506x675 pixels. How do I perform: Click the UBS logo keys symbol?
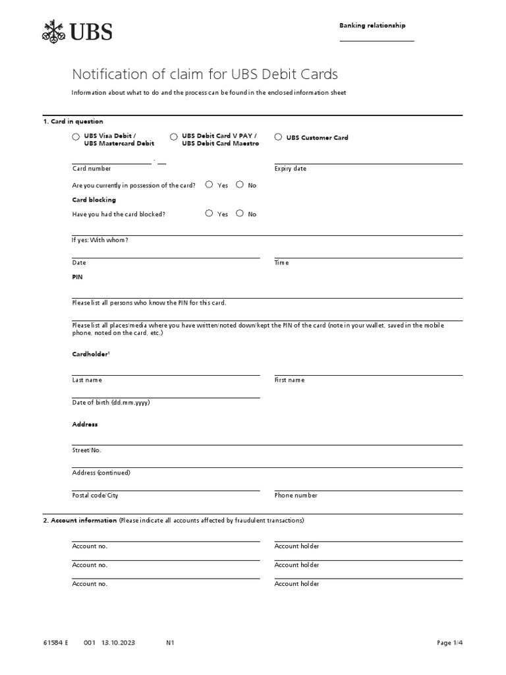(54, 31)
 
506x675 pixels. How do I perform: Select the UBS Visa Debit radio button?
(76, 136)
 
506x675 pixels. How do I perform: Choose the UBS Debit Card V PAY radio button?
(174, 136)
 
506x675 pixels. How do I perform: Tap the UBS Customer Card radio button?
(278, 137)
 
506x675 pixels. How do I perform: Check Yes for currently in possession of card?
(209, 185)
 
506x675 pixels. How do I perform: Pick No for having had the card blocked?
(240, 214)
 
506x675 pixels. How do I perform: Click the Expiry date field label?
(291, 169)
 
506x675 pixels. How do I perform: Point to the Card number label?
(92, 169)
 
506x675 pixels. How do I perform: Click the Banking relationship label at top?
(372, 26)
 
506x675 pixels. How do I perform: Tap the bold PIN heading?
(78, 278)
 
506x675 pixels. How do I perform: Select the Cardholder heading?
(90, 354)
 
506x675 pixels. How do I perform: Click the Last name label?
(87, 380)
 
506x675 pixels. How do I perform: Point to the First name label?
(289, 380)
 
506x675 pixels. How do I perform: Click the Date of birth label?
(111, 402)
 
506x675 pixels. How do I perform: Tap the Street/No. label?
(87, 450)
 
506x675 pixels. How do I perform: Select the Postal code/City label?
(95, 495)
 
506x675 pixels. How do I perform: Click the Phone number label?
(296, 495)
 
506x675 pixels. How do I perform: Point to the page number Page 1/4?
(450, 642)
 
